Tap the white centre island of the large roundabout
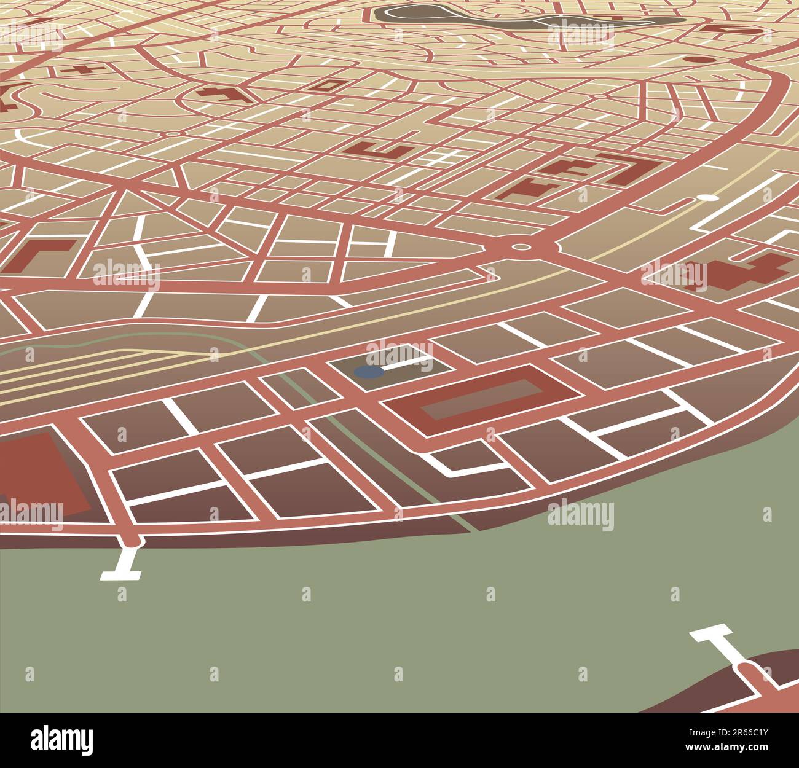coord(521,247)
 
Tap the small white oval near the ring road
coord(708,198)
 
